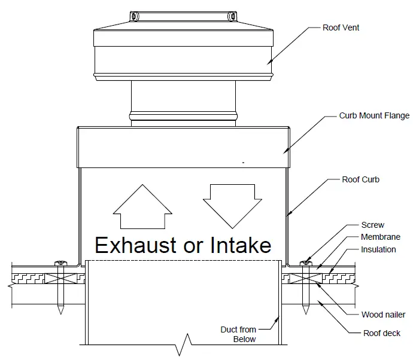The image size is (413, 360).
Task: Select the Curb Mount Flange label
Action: pyautogui.click(x=374, y=116)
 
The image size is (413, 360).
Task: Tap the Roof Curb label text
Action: pyautogui.click(x=360, y=179)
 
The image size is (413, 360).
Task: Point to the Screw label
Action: pyautogui.click(x=373, y=225)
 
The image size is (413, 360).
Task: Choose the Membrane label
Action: pyautogui.click(x=381, y=237)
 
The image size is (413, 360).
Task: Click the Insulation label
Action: pyautogui.click(x=378, y=249)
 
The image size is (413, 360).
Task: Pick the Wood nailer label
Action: pyautogui.click(x=383, y=315)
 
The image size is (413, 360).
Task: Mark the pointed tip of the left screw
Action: pyautogui.click(x=60, y=312)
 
